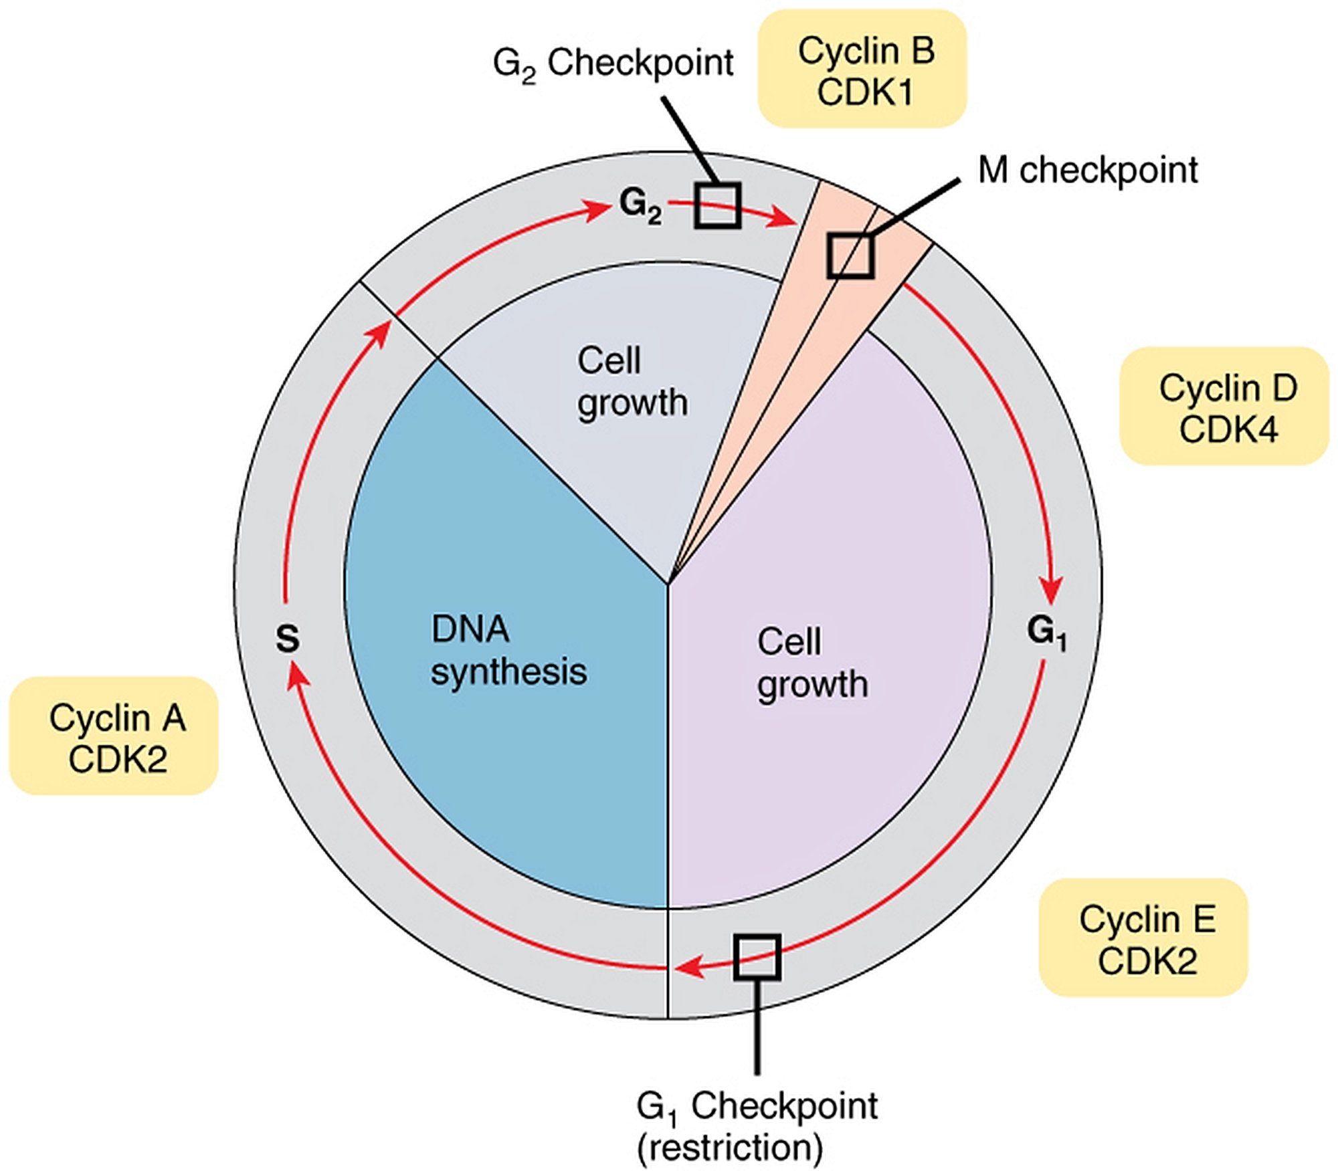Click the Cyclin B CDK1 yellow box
(862, 70)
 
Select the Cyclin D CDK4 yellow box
(1224, 406)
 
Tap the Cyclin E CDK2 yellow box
(1143, 938)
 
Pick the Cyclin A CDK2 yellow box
(114, 736)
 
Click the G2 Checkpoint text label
(613, 64)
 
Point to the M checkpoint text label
(1087, 170)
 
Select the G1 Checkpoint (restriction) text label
(756, 1126)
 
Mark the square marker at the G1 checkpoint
(757, 957)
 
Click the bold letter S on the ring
(288, 638)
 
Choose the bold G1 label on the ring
(1046, 632)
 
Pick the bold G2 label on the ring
(640, 205)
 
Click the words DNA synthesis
(508, 650)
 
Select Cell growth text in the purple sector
(812, 663)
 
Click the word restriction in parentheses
(730, 1148)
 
